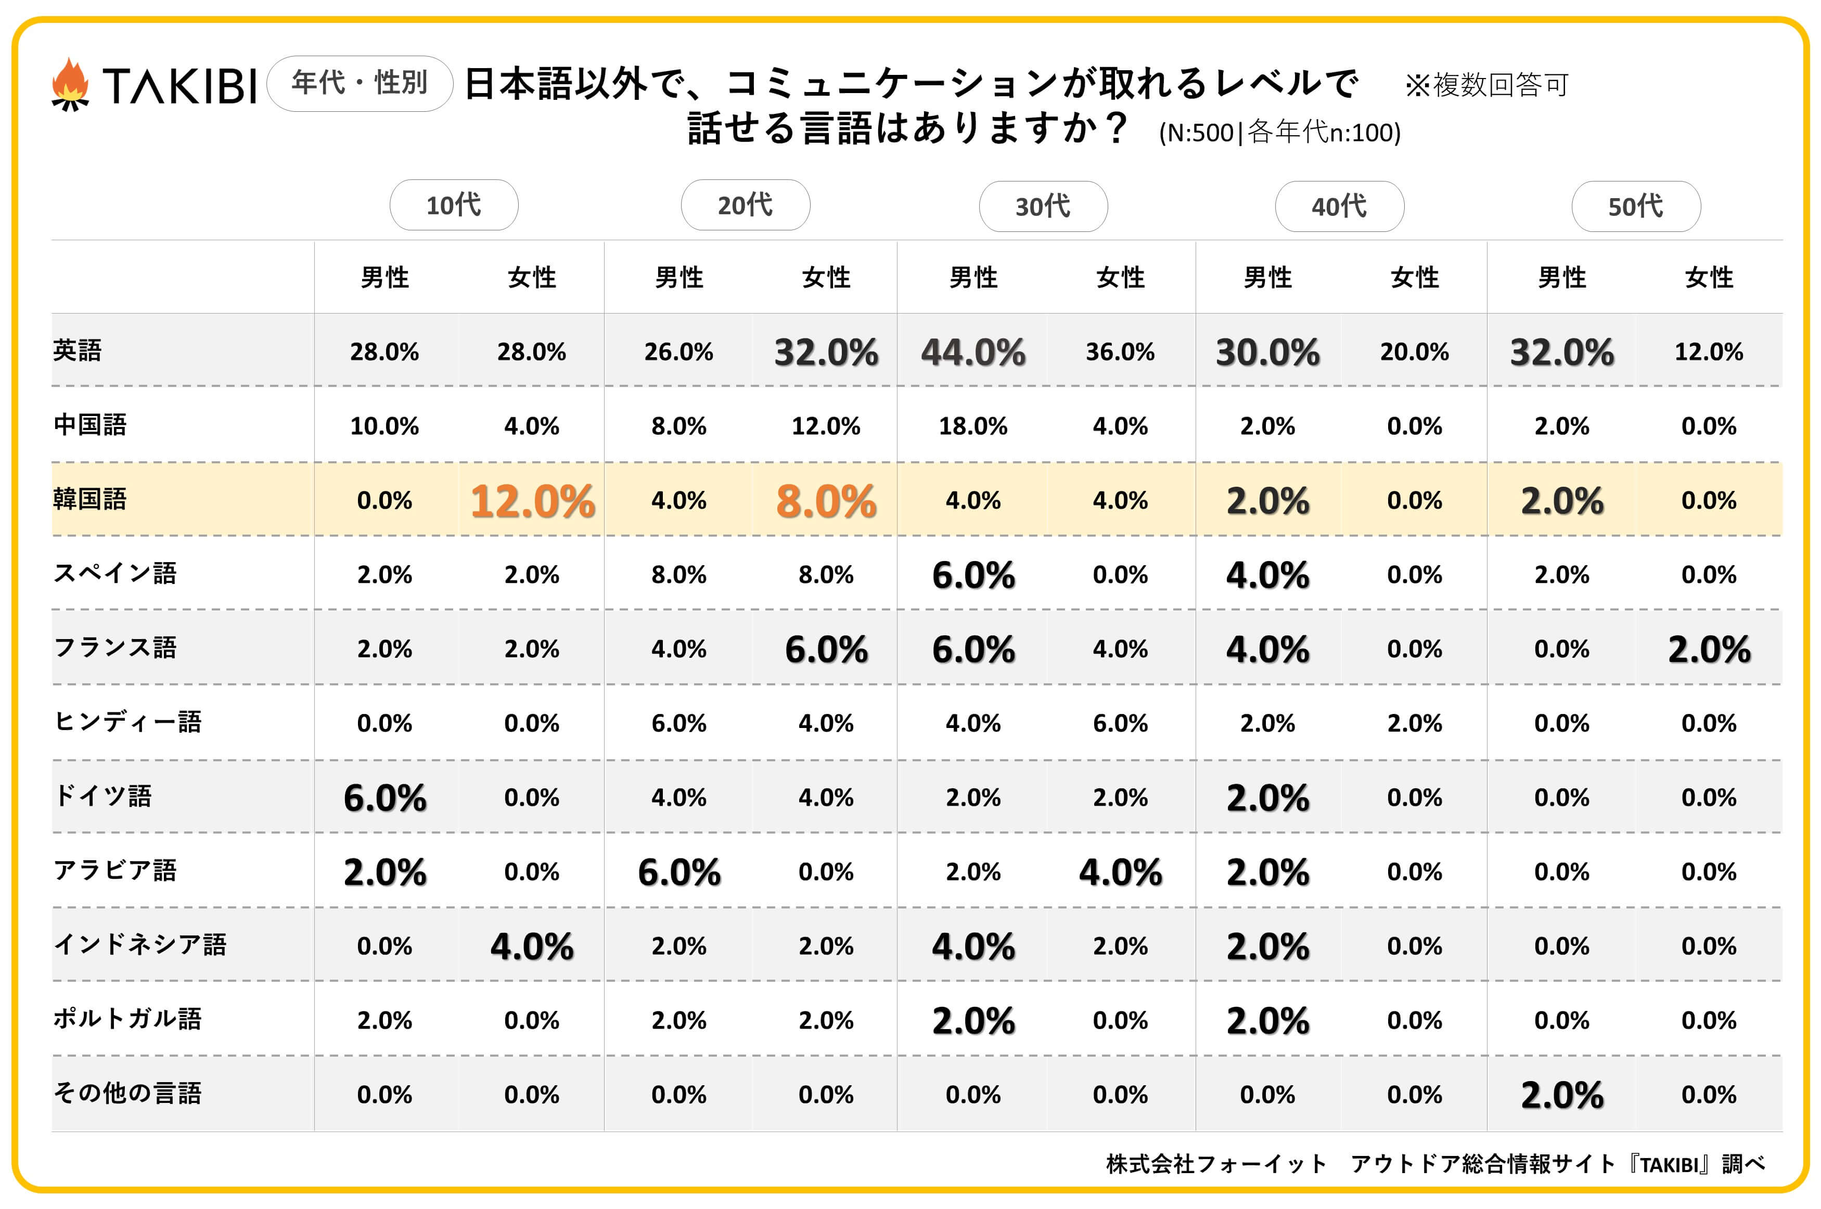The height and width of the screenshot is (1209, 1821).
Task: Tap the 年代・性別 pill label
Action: pyautogui.click(x=360, y=83)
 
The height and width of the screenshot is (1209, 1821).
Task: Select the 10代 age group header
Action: pyautogui.click(x=454, y=205)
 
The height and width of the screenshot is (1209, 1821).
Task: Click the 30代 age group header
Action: pyautogui.click(x=1043, y=206)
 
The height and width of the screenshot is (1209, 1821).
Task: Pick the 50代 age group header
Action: pyautogui.click(x=1635, y=206)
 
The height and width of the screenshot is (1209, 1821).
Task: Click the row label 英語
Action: pyautogui.click(x=77, y=351)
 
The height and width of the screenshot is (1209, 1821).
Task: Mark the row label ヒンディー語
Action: pyautogui.click(x=127, y=722)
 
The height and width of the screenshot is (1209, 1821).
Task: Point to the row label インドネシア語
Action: pyautogui.click(x=139, y=944)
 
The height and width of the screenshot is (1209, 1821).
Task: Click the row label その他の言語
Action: pyautogui.click(x=127, y=1094)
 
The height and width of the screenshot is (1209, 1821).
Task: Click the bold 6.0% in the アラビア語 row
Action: pyautogui.click(x=679, y=872)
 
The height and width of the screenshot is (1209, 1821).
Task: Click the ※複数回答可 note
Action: pyautogui.click(x=1486, y=85)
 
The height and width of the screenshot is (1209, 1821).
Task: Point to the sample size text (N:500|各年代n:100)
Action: pyautogui.click(x=1279, y=133)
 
